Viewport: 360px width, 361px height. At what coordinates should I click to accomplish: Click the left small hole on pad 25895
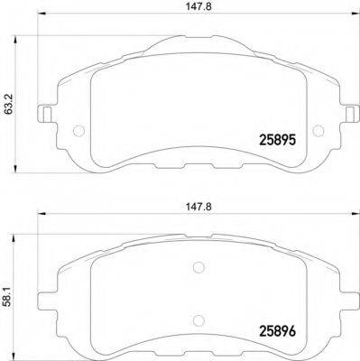[x=78, y=126]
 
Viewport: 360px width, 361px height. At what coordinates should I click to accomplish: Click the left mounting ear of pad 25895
[x=41, y=115]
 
